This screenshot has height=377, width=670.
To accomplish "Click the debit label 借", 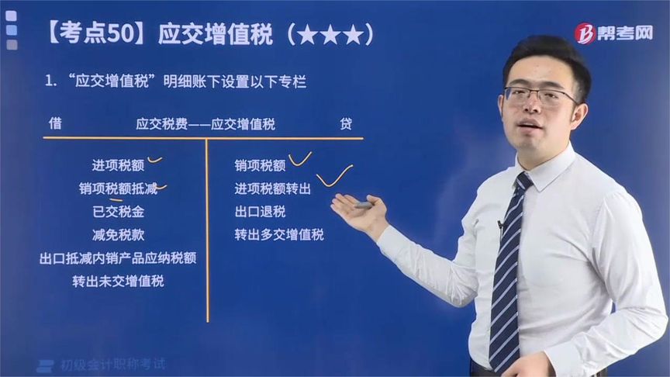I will click(x=55, y=123).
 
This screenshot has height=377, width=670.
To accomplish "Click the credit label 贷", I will click(x=346, y=123).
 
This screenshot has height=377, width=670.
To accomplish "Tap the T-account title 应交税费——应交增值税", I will click(x=205, y=123).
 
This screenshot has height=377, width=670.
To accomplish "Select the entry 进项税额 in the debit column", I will click(x=118, y=164).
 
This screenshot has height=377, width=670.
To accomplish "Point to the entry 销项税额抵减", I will click(x=118, y=188).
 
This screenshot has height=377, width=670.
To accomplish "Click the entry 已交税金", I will click(x=118, y=211).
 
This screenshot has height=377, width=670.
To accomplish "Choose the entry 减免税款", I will click(x=118, y=234).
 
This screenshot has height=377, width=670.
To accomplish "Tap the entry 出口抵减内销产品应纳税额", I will click(x=118, y=258).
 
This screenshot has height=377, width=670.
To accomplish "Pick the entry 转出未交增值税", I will click(x=118, y=281).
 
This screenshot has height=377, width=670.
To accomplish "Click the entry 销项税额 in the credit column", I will click(x=261, y=164).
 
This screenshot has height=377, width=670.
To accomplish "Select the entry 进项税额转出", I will click(x=273, y=188).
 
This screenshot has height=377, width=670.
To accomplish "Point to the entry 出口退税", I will click(x=261, y=211).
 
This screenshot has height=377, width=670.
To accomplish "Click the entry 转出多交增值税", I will click(x=279, y=234).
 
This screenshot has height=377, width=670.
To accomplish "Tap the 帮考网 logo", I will click(x=613, y=33).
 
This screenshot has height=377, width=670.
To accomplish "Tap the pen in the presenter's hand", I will click(x=361, y=205).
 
